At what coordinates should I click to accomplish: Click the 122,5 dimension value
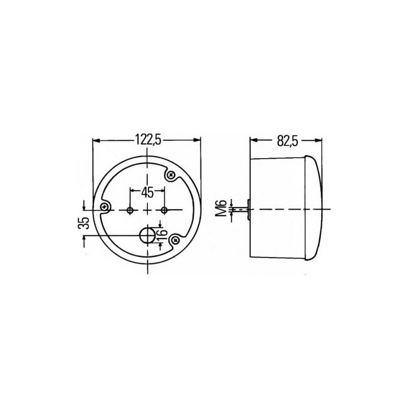pyautogui.click(x=148, y=140)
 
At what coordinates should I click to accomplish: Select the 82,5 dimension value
pyautogui.click(x=287, y=141)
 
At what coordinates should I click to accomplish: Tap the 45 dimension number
pyautogui.click(x=147, y=193)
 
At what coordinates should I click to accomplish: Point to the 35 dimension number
pyautogui.click(x=84, y=223)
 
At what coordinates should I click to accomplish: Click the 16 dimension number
pyautogui.click(x=161, y=233)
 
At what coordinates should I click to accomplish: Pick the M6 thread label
pyautogui.click(x=221, y=209)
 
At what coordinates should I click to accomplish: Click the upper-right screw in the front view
pyautogui.click(x=171, y=175)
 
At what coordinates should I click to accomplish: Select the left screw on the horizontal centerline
pyautogui.click(x=105, y=207)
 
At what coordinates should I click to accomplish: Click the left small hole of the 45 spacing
pyautogui.click(x=130, y=210)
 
